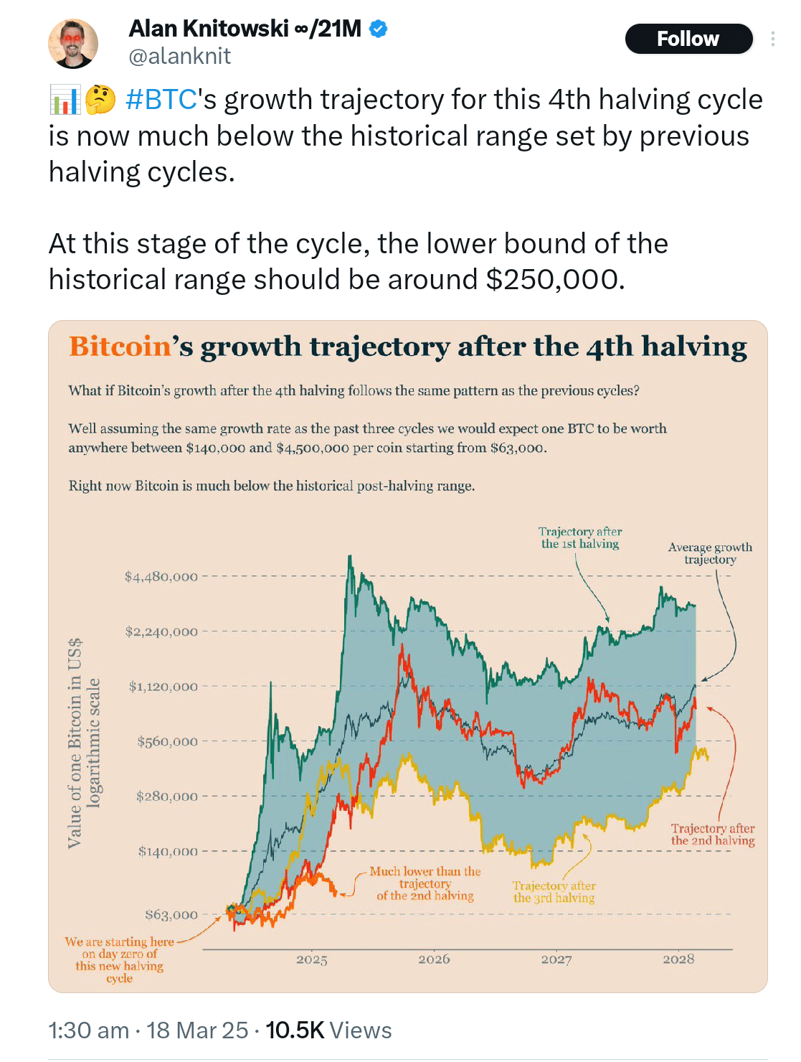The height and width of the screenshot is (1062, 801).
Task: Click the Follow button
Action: coord(688,39)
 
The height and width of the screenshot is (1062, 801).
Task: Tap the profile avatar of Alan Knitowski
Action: coord(73,44)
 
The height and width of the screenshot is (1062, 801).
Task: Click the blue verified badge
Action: coord(378,29)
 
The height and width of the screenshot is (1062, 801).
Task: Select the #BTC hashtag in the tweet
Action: coord(161,100)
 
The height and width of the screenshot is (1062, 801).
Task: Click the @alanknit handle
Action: coord(179,56)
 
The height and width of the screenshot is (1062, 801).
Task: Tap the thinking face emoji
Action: coord(100,100)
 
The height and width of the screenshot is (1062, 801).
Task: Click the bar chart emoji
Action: coord(65,100)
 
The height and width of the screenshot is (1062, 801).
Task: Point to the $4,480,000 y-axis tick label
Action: coord(161,577)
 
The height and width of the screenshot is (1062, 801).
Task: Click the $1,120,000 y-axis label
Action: coord(163,687)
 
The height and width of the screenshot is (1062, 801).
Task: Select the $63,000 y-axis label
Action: coord(171,915)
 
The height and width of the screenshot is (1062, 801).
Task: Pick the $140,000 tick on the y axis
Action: coord(168,852)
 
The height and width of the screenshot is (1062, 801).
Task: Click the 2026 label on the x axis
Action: coord(434,959)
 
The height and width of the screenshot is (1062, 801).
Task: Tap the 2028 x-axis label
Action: coord(678,959)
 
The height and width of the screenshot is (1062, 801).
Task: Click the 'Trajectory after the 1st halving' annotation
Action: coord(580,537)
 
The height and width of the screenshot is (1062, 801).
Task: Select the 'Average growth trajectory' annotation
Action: coord(710,553)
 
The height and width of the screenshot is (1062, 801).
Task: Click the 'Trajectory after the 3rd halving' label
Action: coord(554,892)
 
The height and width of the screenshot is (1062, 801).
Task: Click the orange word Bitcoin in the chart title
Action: coord(120,347)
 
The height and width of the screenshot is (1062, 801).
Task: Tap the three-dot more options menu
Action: coord(772,39)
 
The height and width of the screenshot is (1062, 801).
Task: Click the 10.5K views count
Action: coord(295,1030)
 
